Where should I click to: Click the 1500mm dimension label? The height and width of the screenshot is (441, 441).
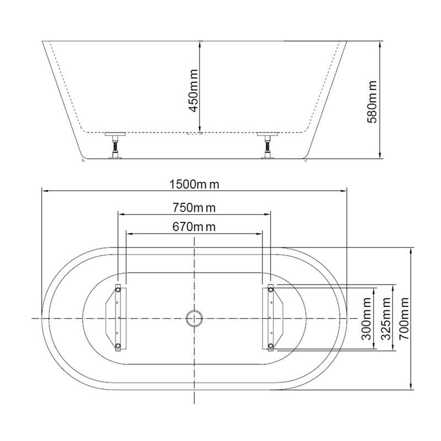(194, 185)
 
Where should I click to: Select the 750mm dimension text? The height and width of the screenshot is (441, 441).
(194, 208)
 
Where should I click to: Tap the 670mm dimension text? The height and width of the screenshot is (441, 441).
(194, 227)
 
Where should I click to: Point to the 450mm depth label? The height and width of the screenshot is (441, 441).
(193, 91)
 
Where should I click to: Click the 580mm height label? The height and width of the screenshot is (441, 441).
(372, 102)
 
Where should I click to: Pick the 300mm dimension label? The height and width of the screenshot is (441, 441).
(367, 319)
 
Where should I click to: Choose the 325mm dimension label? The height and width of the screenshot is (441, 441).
(385, 319)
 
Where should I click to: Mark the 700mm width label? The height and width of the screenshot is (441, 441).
(404, 319)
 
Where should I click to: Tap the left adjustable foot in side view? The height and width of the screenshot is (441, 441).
(115, 146)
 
